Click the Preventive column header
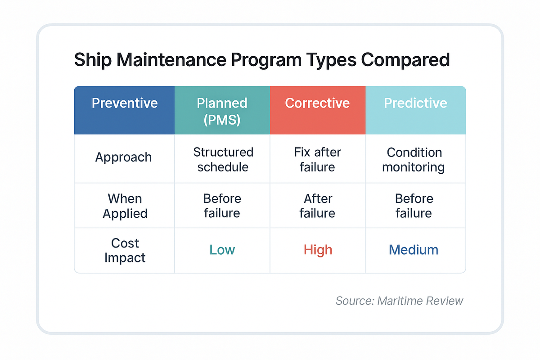[125, 103]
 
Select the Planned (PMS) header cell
[222, 110]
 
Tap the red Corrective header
[317, 103]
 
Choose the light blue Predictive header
[415, 103]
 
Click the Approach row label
[123, 157]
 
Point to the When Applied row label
[125, 206]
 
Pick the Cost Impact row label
[125, 250]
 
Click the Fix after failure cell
[317, 159]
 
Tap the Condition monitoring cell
[414, 159]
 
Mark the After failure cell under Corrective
[317, 206]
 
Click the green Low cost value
[222, 250]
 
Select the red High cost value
[318, 250]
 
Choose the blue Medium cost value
[414, 250]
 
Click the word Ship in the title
[92, 60]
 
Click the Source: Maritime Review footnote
[399, 301]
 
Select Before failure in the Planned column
[222, 206]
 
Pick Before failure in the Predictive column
[414, 206]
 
